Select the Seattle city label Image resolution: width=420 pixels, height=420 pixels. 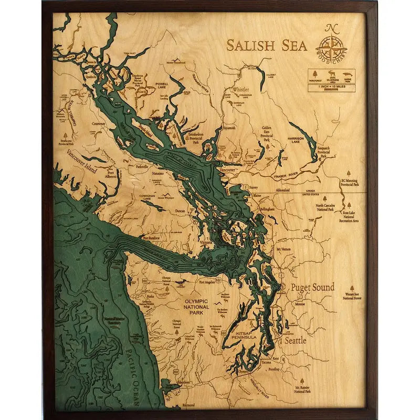click(x=295, y=340)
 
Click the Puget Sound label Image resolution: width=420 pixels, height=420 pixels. click(x=309, y=287)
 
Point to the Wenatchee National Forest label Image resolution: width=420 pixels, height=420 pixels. click(x=352, y=296)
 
